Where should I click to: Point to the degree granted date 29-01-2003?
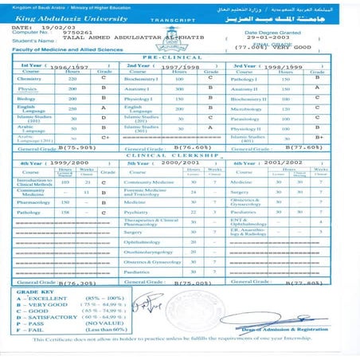click(x=267, y=37)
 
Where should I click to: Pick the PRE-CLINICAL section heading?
click(x=178, y=58)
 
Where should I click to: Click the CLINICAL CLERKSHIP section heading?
click(x=178, y=154)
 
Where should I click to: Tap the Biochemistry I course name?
click(x=140, y=79)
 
